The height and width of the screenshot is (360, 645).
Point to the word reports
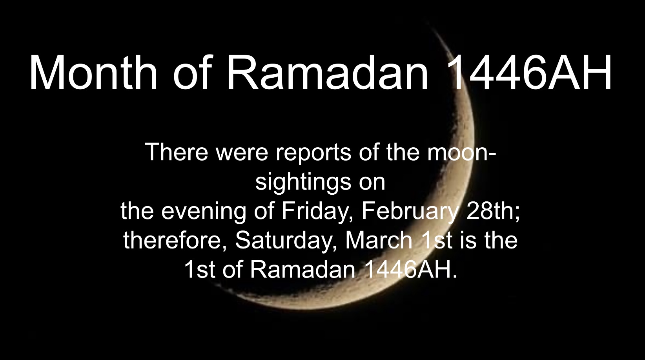[x=313, y=153]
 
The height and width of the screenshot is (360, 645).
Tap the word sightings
[x=303, y=183]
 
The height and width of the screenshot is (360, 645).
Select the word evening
[x=204, y=212]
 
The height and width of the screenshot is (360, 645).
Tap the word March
[x=379, y=240]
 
